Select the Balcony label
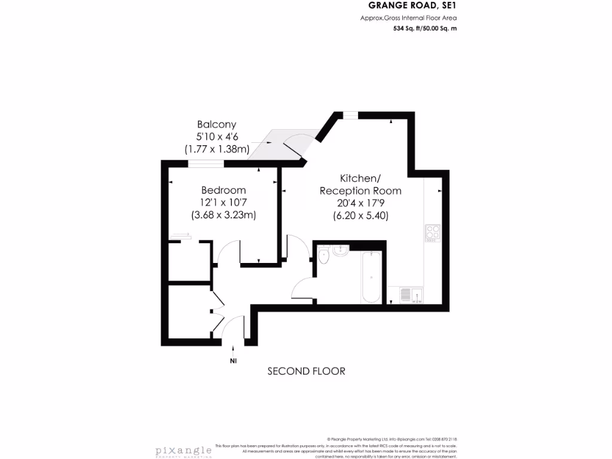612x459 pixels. tap(216, 124)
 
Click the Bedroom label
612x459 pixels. tap(224, 191)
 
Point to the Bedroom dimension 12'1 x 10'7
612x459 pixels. tap(223, 203)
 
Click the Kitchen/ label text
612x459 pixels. tap(360, 179)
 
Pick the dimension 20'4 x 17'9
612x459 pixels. tap(360, 203)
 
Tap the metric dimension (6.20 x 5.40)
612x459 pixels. tap(360, 216)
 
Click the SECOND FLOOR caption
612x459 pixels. tap(306, 371)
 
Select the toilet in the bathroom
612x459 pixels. tap(324, 256)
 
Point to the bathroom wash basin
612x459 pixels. tap(341, 251)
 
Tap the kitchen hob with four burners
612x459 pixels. tap(432, 232)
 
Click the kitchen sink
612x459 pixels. tap(411, 295)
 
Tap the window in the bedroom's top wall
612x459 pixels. tap(210, 163)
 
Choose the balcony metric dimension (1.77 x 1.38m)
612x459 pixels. tap(216, 149)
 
